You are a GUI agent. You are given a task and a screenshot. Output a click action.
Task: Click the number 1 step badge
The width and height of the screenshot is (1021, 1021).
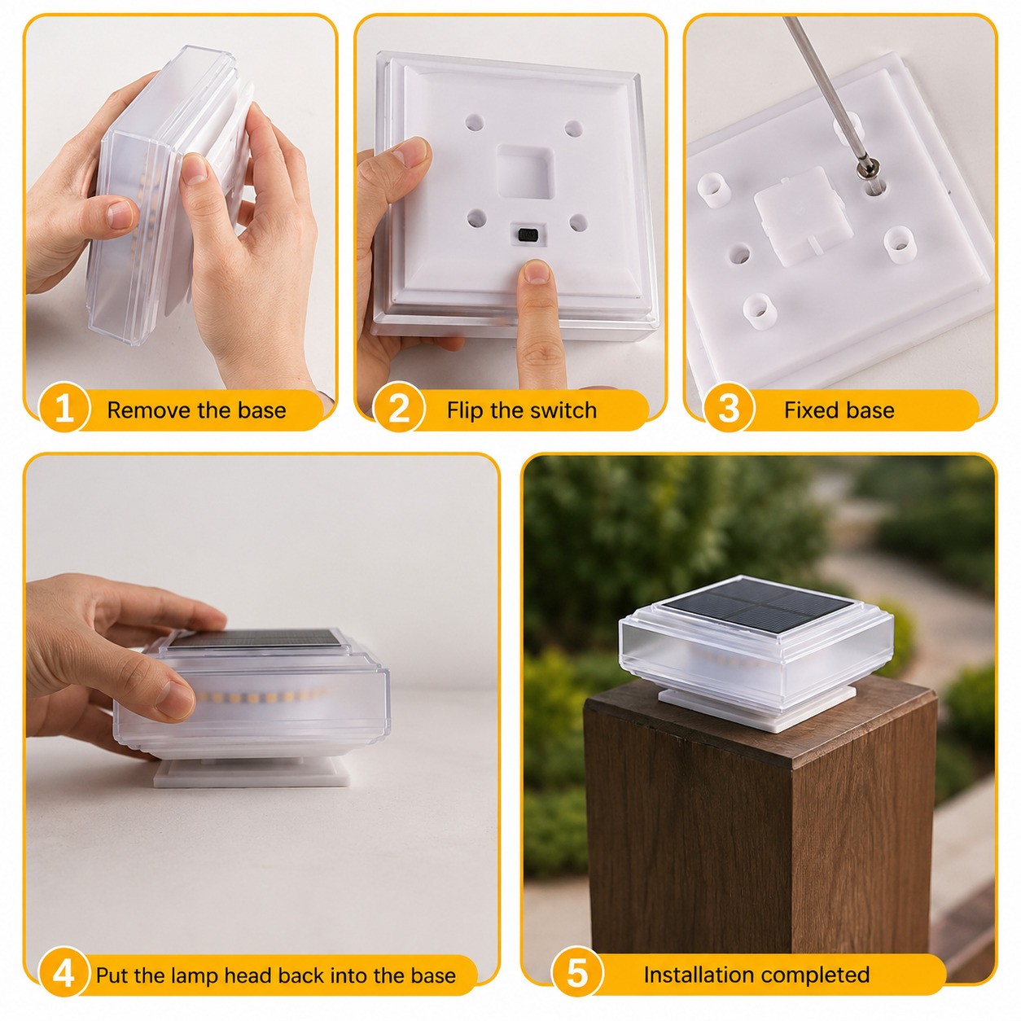click(64, 410)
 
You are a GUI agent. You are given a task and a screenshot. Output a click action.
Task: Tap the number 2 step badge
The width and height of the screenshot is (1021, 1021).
click(399, 410)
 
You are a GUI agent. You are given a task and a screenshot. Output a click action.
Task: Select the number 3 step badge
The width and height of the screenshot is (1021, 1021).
click(729, 410)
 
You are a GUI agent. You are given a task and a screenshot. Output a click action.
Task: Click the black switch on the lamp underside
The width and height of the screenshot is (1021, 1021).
click(527, 233)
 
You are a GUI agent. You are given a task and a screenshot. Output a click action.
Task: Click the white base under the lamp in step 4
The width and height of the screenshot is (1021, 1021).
click(252, 772)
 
